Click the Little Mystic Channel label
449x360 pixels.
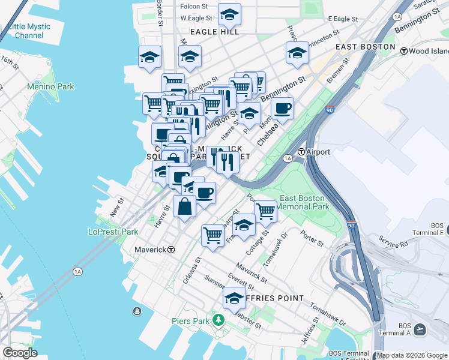point(29,31)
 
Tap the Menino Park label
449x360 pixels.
point(50,86)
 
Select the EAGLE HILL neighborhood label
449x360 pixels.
point(214,32)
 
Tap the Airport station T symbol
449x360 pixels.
point(301,152)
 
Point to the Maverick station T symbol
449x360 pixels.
point(171,249)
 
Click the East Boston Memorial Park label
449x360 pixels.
point(304,202)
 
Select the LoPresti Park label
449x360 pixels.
point(113,232)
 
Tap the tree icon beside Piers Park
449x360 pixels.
point(218,321)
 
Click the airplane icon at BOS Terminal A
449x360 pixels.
point(420,329)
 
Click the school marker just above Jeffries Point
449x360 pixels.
point(234,298)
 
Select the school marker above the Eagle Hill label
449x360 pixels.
point(229,14)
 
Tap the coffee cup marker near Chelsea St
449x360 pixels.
point(282,109)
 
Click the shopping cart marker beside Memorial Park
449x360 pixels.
point(265,211)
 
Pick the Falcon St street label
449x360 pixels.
point(193,7)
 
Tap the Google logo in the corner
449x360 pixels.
point(20,352)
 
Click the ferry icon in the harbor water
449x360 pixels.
point(137,311)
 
